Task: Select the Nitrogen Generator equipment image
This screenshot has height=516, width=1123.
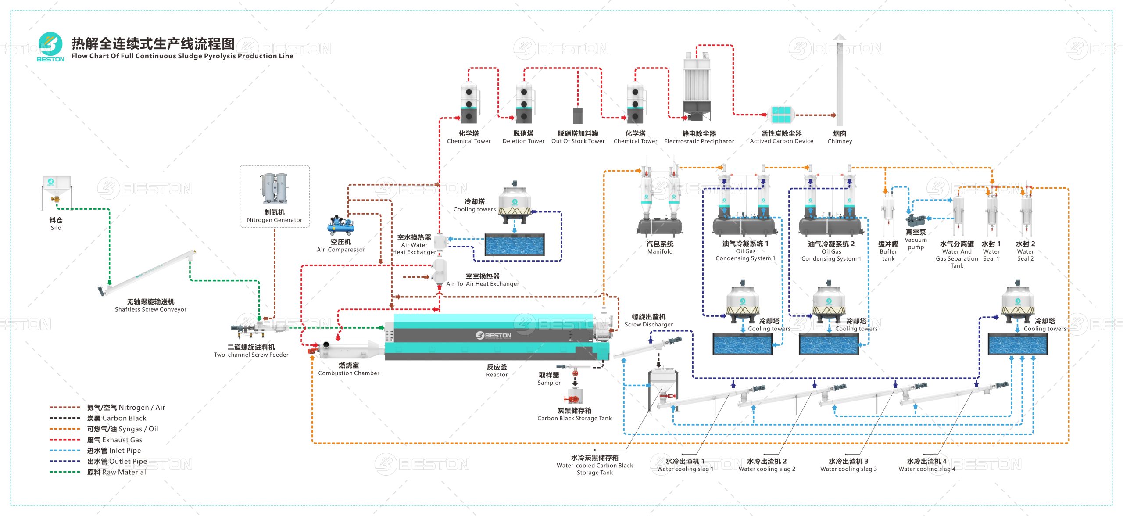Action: click(x=275, y=188)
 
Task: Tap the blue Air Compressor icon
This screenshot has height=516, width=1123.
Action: click(x=340, y=226)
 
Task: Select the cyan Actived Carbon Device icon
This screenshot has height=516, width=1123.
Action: click(x=781, y=115)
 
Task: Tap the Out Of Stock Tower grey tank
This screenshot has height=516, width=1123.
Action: click(x=578, y=115)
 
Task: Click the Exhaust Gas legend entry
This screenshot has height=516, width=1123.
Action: click(x=114, y=440)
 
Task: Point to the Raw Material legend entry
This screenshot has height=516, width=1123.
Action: click(x=116, y=472)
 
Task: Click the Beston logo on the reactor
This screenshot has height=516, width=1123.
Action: click(x=494, y=335)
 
